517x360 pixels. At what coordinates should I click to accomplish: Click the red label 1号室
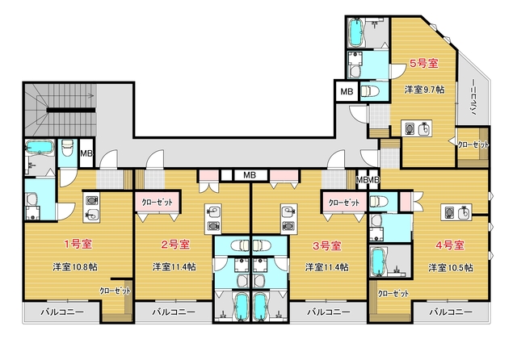coord(78,244)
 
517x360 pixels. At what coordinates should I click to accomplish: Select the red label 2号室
coord(175,245)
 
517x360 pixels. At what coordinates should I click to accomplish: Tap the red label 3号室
coord(326,245)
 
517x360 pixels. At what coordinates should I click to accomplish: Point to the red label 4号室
coord(450,245)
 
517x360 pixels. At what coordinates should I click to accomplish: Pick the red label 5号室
coord(424,63)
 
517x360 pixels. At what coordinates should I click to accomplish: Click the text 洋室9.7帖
coord(424,90)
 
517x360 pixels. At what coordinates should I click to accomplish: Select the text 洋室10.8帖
coord(75,267)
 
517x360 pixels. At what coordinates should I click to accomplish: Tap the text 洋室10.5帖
coord(451,268)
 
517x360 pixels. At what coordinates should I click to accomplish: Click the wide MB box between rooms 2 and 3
coord(250,175)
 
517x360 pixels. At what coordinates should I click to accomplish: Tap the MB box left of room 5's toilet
coord(347,91)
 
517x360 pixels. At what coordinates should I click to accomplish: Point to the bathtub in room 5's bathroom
coord(355,32)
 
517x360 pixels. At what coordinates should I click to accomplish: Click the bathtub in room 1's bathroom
coord(40,147)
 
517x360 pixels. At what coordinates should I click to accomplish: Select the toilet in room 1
coord(68,148)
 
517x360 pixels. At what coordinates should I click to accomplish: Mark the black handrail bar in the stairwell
coord(71,110)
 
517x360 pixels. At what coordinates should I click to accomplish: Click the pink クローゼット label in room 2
coord(157,203)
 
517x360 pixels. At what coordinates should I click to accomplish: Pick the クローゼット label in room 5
coord(473,144)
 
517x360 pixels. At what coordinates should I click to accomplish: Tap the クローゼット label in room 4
coord(393,293)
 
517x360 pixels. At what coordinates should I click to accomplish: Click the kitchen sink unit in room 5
coord(417,128)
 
